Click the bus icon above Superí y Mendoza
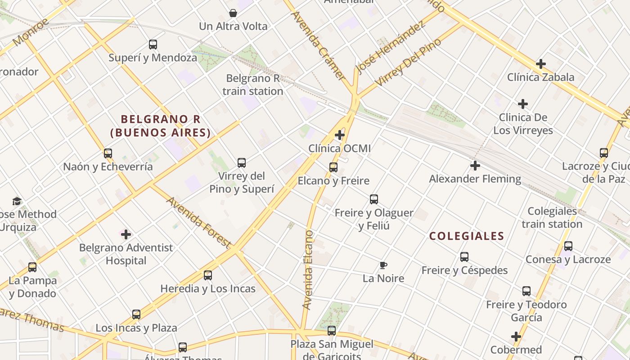[x=153, y=45]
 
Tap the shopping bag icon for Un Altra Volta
[x=233, y=13]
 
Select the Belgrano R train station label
[x=253, y=85]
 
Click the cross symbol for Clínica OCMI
[x=340, y=135]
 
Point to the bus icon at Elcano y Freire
[x=333, y=167]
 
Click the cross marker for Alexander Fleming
[x=475, y=166]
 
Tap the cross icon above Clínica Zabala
[x=540, y=64]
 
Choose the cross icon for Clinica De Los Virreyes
[x=522, y=104]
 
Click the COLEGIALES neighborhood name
[x=467, y=236]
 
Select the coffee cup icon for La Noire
[x=383, y=265]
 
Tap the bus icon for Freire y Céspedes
[x=464, y=257]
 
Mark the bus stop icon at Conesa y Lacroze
[x=568, y=246]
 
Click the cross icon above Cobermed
[x=516, y=336]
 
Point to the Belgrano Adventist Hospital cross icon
[x=126, y=234]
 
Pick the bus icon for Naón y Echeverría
[x=108, y=153]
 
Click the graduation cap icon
[x=17, y=201]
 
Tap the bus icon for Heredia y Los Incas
[x=207, y=275]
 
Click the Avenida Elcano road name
[x=308, y=270]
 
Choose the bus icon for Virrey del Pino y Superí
[x=242, y=162]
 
